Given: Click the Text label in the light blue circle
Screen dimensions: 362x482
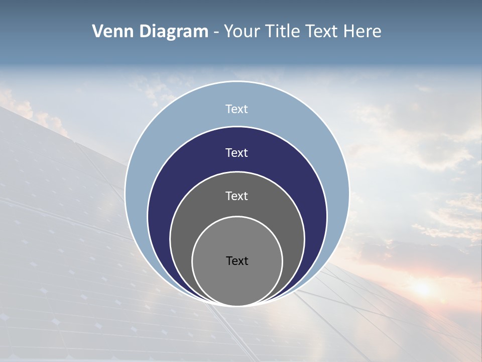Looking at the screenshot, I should (236, 109).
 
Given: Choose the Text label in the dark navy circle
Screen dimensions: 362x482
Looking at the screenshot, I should (236, 153).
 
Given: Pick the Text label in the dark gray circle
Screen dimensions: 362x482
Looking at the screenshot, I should (236, 196).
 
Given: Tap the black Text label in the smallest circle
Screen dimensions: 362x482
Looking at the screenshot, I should (237, 261).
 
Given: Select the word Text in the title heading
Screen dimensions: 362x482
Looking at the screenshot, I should (322, 32).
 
